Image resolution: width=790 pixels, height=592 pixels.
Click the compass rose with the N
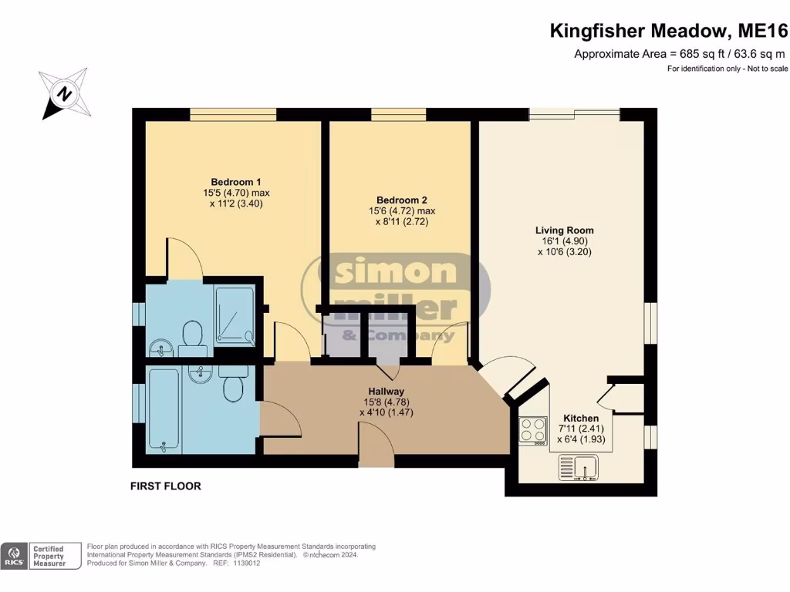(x=65, y=94)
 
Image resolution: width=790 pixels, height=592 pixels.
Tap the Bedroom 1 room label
(x=236, y=182)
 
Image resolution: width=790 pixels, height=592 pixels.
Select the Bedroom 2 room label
(x=402, y=199)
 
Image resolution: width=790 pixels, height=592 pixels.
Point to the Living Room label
(x=565, y=230)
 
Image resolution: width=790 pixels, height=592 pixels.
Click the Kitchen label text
(x=580, y=419)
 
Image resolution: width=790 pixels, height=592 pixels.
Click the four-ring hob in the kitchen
(x=533, y=429)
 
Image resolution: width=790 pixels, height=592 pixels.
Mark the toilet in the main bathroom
(x=234, y=385)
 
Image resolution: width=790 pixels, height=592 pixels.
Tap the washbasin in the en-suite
(x=161, y=348)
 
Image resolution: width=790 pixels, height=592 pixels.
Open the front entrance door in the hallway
(x=376, y=447)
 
